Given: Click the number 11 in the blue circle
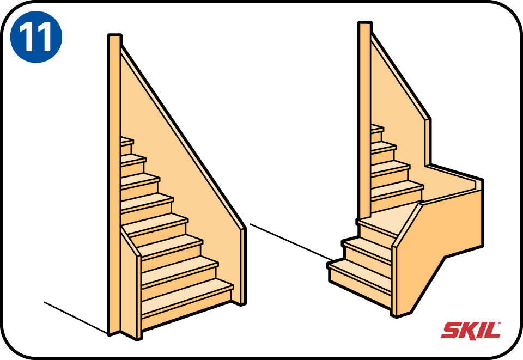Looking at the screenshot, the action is (x=36, y=37).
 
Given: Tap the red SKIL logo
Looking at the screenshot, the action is (x=471, y=331).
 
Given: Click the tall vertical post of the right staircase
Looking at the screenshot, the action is (x=364, y=120).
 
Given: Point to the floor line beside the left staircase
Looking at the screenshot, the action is (x=76, y=318).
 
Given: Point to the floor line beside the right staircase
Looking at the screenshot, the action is (x=291, y=242).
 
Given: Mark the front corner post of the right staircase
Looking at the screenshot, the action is (x=394, y=280).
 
